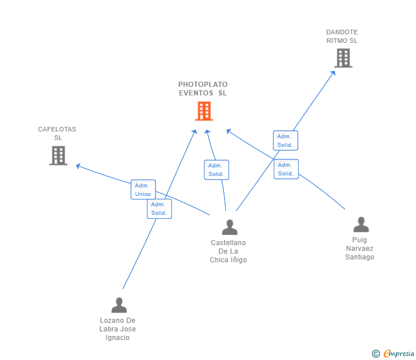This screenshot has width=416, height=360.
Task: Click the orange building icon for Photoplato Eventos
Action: click(x=204, y=111)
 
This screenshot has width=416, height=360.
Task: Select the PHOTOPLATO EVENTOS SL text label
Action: click(x=203, y=89)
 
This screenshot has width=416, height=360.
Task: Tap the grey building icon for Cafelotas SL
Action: click(x=58, y=155)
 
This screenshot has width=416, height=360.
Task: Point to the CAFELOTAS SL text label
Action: click(x=57, y=133)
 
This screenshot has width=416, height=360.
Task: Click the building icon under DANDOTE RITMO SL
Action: click(x=343, y=58)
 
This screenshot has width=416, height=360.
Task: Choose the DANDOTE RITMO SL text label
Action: click(x=342, y=36)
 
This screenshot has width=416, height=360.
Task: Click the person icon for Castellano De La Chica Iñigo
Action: click(x=230, y=227)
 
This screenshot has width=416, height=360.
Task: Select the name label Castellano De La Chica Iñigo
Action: click(x=229, y=251)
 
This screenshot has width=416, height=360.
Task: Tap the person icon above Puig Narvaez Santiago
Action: click(x=361, y=225)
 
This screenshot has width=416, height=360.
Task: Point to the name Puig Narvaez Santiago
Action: click(x=359, y=249)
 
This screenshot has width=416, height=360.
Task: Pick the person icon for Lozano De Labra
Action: click(x=119, y=305)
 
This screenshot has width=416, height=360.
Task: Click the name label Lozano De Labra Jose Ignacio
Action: click(x=118, y=329)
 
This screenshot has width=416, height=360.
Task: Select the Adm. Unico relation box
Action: click(x=143, y=190)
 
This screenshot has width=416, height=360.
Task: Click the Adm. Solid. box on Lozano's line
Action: click(x=159, y=209)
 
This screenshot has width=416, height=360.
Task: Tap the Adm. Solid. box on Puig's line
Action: click(x=286, y=169)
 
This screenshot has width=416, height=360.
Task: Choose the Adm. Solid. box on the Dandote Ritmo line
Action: click(x=285, y=141)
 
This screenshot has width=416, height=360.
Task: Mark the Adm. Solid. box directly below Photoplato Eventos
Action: click(x=216, y=170)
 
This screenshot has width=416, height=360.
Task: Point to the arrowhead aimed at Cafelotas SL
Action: click(x=78, y=166)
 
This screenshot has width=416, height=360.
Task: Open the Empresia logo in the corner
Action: click(x=394, y=354)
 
